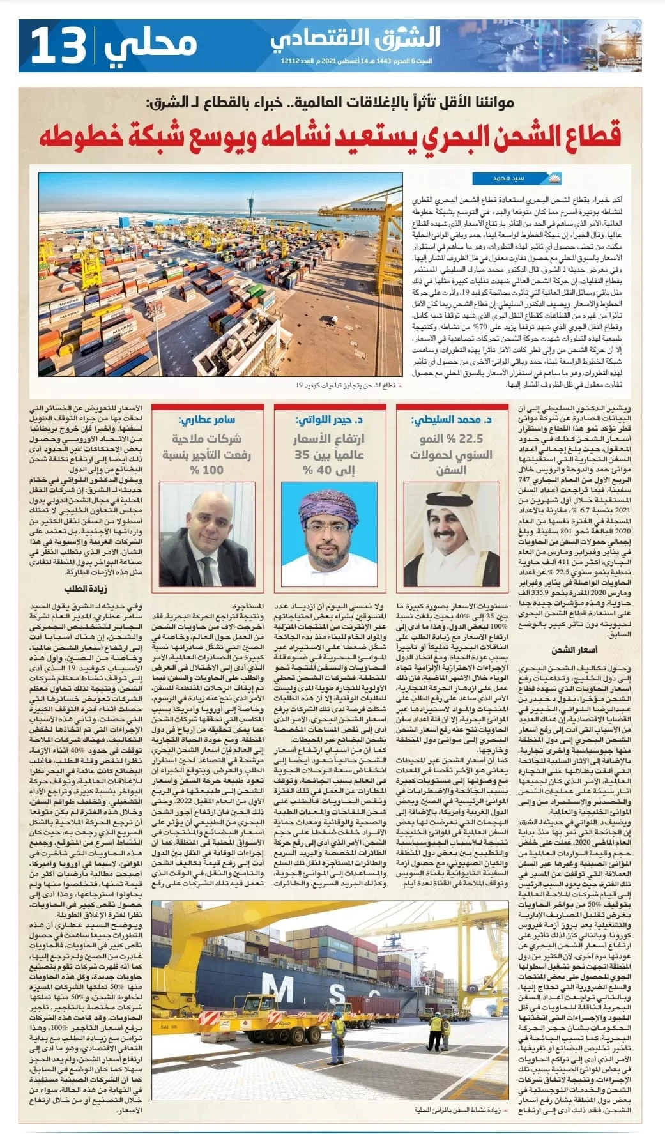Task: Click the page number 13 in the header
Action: (57, 45)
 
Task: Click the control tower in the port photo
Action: (250, 204)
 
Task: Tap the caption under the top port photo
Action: (346, 385)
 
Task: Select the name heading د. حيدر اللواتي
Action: (330, 419)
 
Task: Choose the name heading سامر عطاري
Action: (206, 419)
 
